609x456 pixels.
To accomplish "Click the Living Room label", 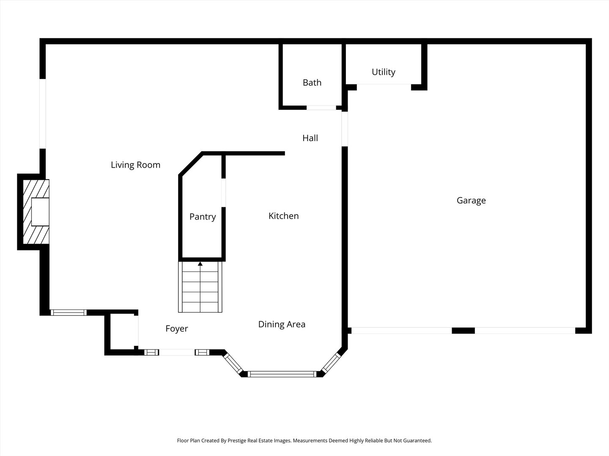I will click(x=135, y=165).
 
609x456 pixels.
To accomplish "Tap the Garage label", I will click(x=471, y=201).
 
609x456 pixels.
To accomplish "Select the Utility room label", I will click(x=383, y=72).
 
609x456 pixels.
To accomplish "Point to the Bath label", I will click(x=312, y=83).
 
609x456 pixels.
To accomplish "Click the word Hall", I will click(x=310, y=138).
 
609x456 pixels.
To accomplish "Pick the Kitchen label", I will click(x=283, y=216).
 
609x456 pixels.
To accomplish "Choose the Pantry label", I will click(x=202, y=217).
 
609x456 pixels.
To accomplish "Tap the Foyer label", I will click(x=176, y=329).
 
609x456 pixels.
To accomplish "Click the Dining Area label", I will click(x=282, y=324).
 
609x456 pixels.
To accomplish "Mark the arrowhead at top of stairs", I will click(x=200, y=264).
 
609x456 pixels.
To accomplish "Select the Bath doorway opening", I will click(x=321, y=108).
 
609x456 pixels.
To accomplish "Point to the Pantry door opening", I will click(x=223, y=193).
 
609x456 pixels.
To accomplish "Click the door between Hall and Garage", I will click(x=345, y=128).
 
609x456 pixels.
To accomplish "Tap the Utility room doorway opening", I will click(x=384, y=87).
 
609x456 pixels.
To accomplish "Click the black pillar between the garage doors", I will click(x=463, y=331).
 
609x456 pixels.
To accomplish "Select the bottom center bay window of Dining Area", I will click(x=282, y=374).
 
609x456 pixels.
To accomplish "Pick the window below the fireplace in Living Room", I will click(x=68, y=313).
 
